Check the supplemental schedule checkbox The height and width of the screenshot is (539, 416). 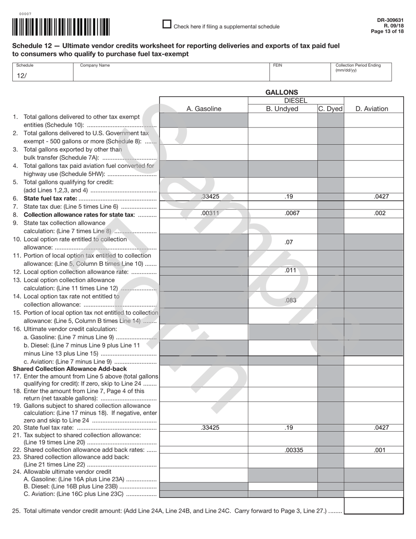pyautogui.click(x=167, y=25)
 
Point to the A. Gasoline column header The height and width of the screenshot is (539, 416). pyautogui.click(x=204, y=109)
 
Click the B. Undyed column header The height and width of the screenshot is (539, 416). pyautogui.click(x=282, y=109)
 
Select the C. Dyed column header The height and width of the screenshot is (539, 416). pyautogui.click(x=330, y=109)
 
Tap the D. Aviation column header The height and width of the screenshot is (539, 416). pyautogui.click(x=372, y=109)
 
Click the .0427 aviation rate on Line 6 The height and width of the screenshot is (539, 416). pyautogui.click(x=381, y=197)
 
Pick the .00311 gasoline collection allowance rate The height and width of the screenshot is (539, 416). pyautogui.click(x=210, y=213)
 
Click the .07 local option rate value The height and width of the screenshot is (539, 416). pyautogui.click(x=289, y=242)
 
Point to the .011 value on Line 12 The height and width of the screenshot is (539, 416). pyautogui.click(x=290, y=270)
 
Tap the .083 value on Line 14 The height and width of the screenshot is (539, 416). pyautogui.click(x=290, y=300)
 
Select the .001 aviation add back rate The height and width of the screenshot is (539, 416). pyautogui.click(x=380, y=450)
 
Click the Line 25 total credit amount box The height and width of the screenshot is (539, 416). pyautogui.click(x=374, y=506)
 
